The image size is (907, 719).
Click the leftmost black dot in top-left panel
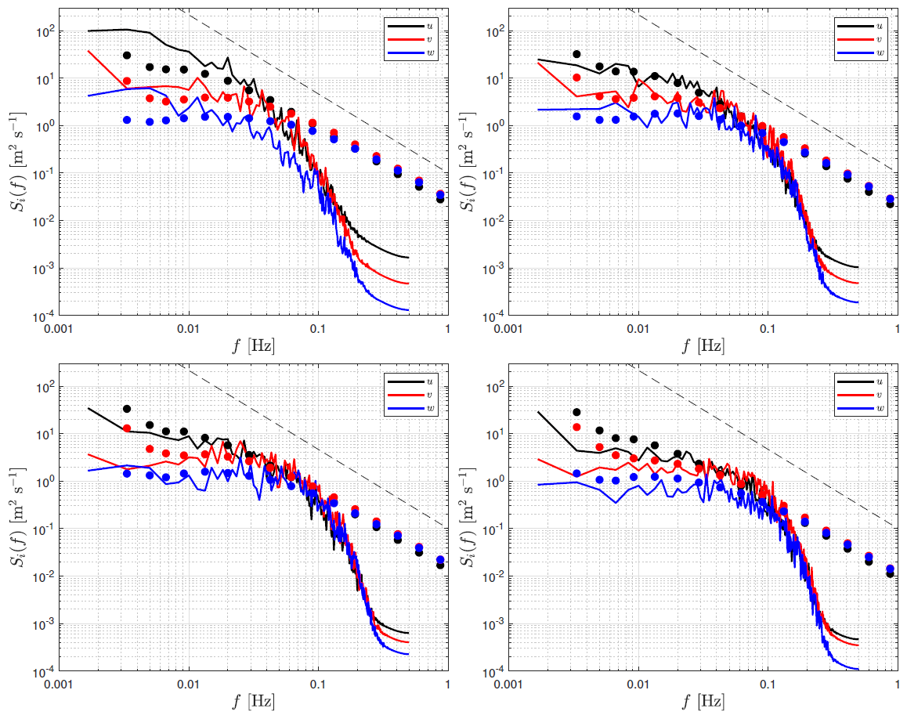(x=127, y=56)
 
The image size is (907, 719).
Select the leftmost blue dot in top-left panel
(x=127, y=120)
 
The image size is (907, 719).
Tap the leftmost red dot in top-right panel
(x=577, y=78)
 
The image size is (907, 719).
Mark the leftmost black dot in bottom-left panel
(x=127, y=409)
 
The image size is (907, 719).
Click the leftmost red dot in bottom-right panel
(x=577, y=427)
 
